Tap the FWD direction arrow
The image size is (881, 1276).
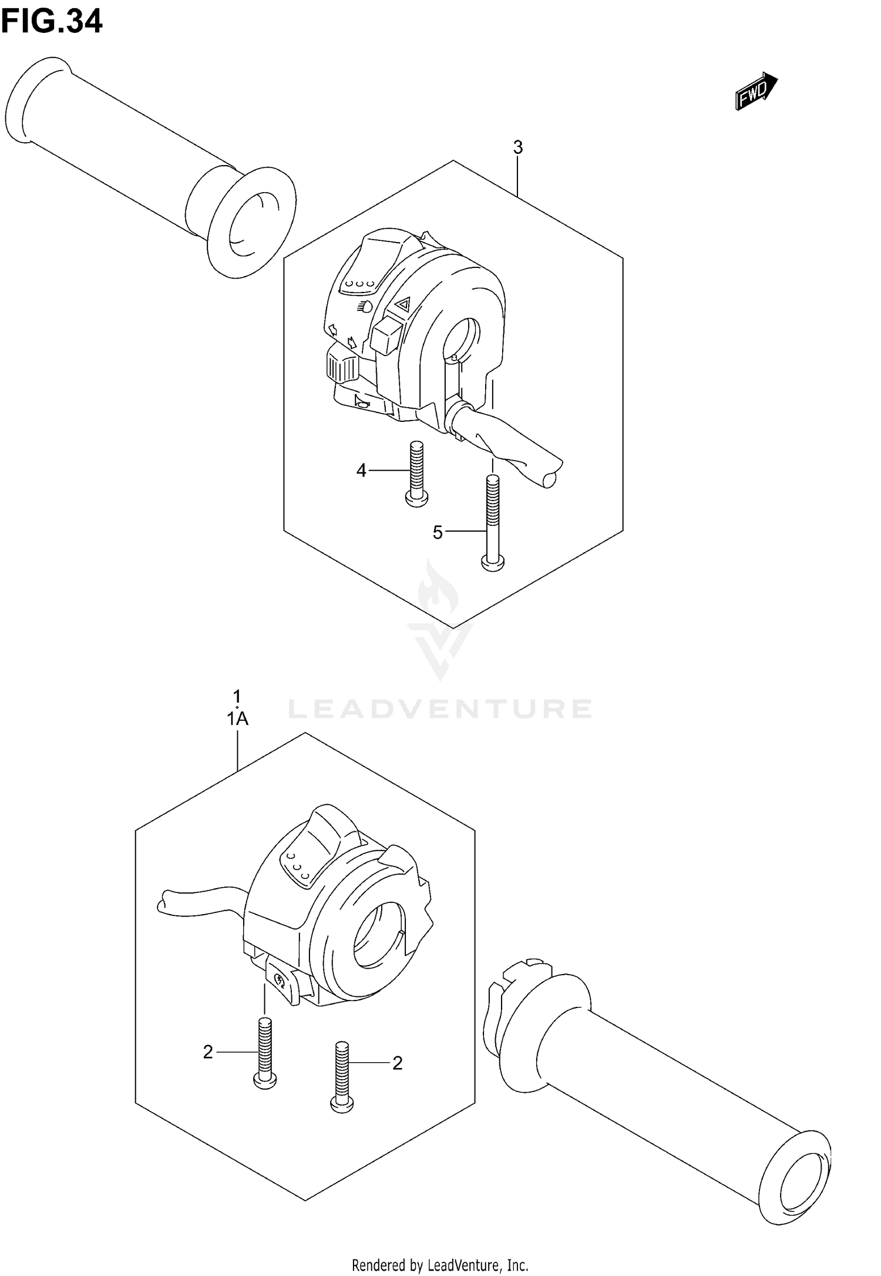(x=756, y=91)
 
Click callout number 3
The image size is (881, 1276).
(x=517, y=147)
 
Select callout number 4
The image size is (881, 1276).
(x=361, y=470)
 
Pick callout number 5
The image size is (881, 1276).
(x=438, y=532)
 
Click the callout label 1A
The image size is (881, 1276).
(x=238, y=718)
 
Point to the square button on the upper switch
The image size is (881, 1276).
(x=385, y=336)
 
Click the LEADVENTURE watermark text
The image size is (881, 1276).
(x=439, y=709)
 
